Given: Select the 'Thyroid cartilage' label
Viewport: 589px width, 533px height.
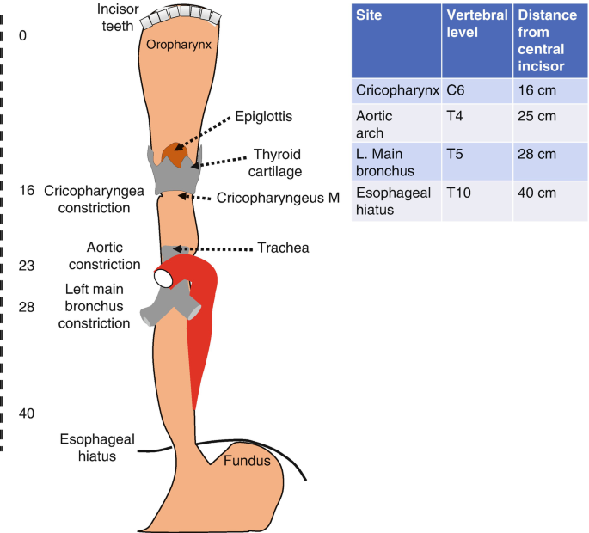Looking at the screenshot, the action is [277, 162].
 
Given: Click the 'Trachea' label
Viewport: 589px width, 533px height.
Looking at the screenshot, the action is [283, 248].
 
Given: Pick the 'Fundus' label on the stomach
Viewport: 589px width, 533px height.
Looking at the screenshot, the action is [247, 461].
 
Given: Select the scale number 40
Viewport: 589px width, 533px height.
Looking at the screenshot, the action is [26, 414].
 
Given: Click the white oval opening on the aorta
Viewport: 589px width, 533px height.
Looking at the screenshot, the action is [164, 278].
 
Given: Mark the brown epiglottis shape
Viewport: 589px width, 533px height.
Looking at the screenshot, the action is [177, 154].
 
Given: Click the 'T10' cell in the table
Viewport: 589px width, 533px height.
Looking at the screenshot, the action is [461, 193].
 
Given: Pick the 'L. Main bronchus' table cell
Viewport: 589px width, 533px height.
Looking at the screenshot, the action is [384, 161].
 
